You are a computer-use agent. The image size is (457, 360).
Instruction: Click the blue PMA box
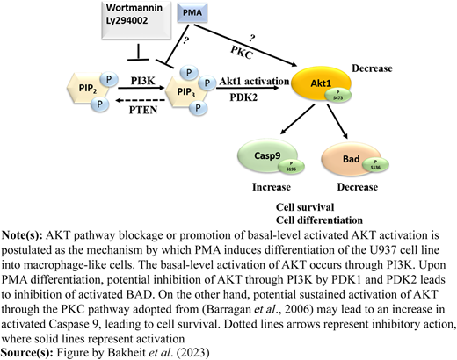pos(192,13)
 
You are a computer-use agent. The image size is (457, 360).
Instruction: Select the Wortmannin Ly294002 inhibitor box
pos(136,20)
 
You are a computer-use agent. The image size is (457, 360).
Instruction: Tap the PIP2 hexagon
pos(88,88)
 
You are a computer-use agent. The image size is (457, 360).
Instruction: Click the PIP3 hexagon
pos(186,92)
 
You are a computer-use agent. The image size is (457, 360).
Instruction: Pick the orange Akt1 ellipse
pos(321,83)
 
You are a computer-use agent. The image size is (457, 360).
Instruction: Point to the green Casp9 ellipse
pos(267,156)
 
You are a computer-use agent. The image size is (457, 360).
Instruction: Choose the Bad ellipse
pos(352,159)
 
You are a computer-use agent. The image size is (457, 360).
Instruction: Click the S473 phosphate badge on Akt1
pos(338,96)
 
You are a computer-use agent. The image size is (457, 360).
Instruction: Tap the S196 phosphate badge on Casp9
pos(292,166)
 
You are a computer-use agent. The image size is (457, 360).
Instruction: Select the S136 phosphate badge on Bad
pos(375,165)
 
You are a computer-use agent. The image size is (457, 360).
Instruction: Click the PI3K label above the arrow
pos(142,81)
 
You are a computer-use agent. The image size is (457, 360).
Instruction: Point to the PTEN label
pos(143,110)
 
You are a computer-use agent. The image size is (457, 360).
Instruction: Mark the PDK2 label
pos(243,97)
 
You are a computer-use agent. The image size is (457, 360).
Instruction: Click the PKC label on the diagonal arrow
pos(242,53)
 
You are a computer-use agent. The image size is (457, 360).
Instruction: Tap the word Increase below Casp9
pos(272,187)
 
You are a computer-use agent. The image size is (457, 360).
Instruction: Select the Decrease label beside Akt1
pos(372,68)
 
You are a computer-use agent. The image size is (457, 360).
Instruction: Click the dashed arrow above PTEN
pos(141,101)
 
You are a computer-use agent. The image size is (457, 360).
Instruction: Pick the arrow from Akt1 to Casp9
pos(298,119)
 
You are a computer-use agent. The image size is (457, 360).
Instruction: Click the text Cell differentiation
pos(319,220)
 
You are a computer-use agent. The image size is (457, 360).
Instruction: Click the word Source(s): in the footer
pos(27,352)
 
